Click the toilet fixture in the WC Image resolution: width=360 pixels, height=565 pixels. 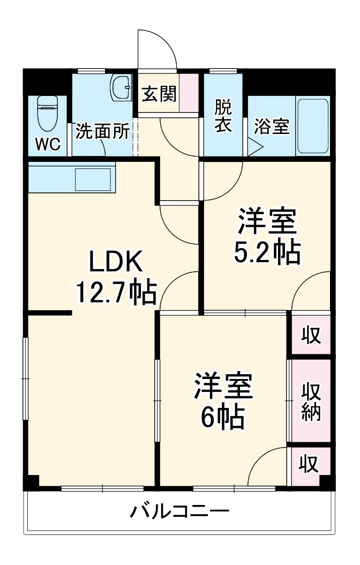48,113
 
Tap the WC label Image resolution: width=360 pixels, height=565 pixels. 48,143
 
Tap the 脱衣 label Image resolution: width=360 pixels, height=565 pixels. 224,116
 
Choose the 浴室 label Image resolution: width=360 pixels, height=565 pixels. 272,128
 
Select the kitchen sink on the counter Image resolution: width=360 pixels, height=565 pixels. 92,179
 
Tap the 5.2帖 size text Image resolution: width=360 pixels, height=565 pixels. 267,251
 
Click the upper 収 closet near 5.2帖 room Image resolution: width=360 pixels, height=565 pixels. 311,335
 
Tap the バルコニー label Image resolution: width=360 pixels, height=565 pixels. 180,511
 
